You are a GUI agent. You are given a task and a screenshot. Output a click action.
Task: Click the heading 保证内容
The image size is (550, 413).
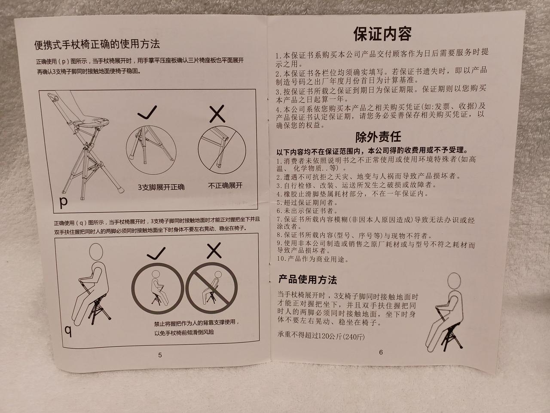click(x=382, y=34)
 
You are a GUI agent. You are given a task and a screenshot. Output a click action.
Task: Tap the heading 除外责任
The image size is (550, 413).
click(x=378, y=137)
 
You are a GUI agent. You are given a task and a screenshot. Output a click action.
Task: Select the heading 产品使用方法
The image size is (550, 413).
click(x=308, y=280)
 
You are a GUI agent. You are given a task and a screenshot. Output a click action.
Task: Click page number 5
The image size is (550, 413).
click(x=160, y=355)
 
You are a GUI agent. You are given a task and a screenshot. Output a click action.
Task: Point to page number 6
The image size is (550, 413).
click(x=381, y=352)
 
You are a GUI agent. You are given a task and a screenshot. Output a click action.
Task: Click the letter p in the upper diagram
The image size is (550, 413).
click(x=64, y=202)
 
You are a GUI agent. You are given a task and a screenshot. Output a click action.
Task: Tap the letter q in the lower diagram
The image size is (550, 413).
click(x=68, y=331)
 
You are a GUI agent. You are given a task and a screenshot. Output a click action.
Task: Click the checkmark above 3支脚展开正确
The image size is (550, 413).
click(x=147, y=112)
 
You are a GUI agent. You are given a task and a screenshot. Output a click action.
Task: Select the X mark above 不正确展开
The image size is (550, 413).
click(x=217, y=114)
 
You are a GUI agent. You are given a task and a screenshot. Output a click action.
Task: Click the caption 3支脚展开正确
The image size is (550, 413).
click(x=161, y=187)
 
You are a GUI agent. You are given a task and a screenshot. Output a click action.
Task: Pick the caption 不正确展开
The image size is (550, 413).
click(x=225, y=185)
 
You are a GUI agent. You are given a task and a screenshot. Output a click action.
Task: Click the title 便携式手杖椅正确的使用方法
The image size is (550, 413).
click(x=97, y=45)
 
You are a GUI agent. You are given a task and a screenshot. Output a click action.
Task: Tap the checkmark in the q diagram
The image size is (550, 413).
click(x=156, y=253)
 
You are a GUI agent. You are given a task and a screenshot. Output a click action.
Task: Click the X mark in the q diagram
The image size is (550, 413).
click(x=214, y=250)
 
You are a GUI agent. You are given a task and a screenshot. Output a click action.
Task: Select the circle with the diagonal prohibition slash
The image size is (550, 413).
click(x=211, y=288)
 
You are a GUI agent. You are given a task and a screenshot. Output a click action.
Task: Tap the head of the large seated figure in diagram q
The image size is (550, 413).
click(x=96, y=252)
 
